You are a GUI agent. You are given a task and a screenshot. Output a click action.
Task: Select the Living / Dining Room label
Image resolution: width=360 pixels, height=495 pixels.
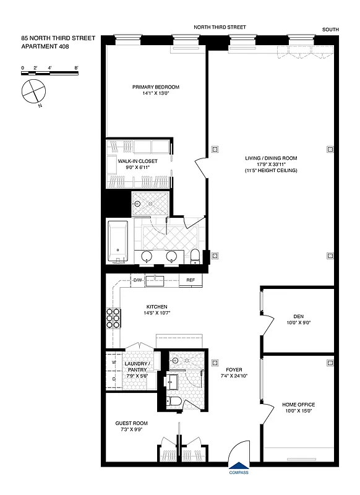point(270,158)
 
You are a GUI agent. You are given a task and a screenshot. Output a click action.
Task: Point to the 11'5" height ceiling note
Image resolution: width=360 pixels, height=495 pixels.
point(270,170)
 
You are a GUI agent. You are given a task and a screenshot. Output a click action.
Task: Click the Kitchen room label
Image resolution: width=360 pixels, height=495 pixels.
point(156,307)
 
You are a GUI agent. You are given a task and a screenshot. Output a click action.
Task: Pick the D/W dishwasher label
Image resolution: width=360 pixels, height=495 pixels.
point(137,281)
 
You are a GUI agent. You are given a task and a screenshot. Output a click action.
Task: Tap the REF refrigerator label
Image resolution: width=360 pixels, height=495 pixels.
point(191,281)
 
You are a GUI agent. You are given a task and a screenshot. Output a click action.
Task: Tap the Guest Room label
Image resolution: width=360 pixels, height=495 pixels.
point(131,423)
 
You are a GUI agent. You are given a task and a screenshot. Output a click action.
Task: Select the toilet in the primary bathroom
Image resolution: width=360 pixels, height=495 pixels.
point(195,256)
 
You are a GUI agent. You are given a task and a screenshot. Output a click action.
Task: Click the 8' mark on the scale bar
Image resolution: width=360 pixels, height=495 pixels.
point(75,66)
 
